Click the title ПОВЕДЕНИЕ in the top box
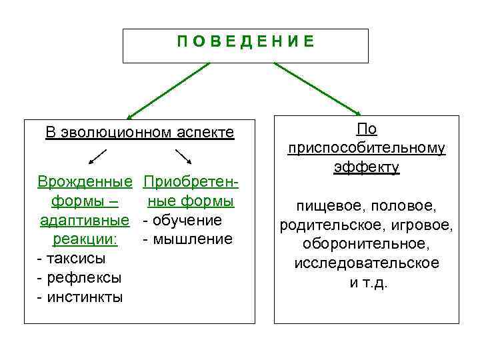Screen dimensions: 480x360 (x=245, y=42)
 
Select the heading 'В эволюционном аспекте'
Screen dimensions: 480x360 (x=140, y=132)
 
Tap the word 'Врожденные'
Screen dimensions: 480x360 (x=84, y=181)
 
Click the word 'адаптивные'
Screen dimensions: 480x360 (x=84, y=219)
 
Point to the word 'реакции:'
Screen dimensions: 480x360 (x=84, y=239)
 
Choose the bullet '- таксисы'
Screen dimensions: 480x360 (x=72, y=258)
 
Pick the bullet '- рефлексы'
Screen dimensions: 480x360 (x=80, y=277)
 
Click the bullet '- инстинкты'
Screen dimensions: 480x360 (x=81, y=297)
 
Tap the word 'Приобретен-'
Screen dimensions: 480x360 (x=191, y=181)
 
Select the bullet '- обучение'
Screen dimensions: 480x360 (x=182, y=219)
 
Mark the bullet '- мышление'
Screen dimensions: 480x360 (x=187, y=239)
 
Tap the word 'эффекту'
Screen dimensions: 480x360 (x=367, y=167)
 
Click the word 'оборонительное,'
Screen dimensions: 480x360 (x=367, y=244)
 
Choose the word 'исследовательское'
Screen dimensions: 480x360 (x=367, y=263)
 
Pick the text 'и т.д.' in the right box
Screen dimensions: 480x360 (x=368, y=281)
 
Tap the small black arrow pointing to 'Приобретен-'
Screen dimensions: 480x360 (x=184, y=157)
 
